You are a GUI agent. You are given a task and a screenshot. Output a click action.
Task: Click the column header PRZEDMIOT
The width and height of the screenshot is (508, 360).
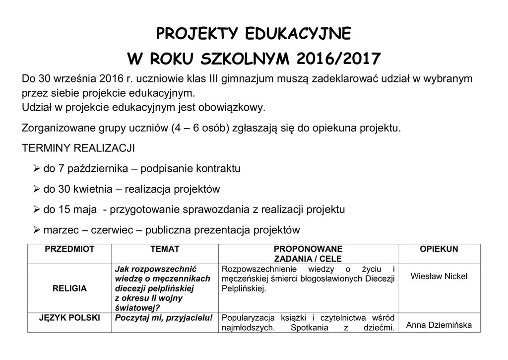69,249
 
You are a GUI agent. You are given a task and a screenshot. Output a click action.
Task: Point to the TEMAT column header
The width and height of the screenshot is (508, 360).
165,249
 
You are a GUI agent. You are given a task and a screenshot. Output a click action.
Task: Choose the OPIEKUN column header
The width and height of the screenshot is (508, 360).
439,249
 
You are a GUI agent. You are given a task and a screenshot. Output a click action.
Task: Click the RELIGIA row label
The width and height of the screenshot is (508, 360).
69,288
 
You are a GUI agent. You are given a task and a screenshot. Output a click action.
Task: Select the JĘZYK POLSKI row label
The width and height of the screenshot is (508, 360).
69,318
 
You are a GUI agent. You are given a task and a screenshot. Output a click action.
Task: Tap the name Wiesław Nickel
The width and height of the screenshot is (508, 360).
439,277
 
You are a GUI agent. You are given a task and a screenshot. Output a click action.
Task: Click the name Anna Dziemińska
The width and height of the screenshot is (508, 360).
439,326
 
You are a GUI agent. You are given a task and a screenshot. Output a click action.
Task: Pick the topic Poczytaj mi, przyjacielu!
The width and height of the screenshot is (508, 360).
164,318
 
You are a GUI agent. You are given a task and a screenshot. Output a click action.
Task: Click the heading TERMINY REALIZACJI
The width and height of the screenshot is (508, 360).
78,148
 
